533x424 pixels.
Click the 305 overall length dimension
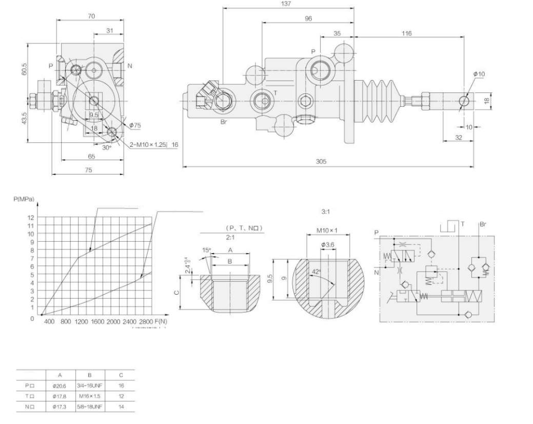tap(321, 161)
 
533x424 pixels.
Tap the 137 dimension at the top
tap(287, 4)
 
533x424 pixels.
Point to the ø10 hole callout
tap(479, 74)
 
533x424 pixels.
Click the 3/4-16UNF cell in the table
tap(89, 384)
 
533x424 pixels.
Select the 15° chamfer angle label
tap(206, 250)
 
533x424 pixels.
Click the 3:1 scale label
tap(325, 211)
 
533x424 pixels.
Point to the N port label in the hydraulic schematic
tap(377, 273)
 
